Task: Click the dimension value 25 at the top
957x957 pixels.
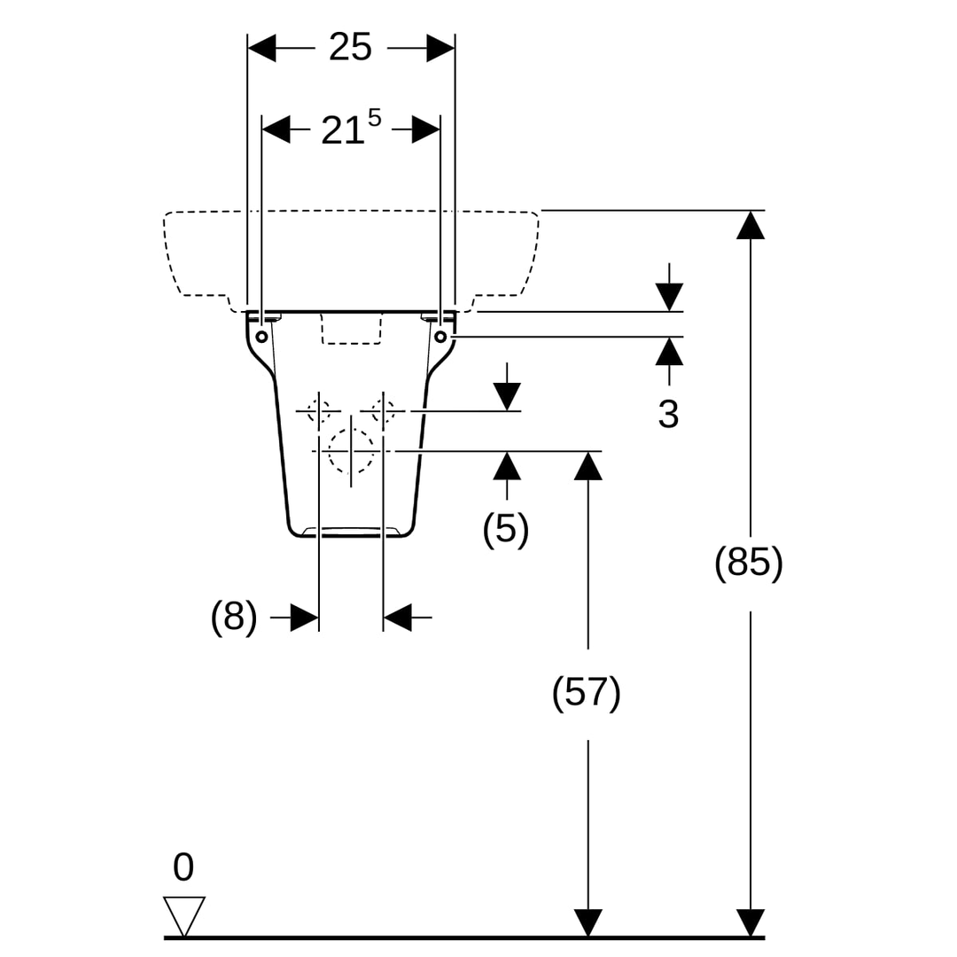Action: tap(350, 47)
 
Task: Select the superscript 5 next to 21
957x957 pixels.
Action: tap(374, 118)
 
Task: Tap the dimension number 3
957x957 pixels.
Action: tap(668, 415)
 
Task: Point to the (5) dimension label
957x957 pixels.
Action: tap(505, 528)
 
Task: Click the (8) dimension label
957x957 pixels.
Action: tap(234, 617)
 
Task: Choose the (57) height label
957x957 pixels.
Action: tap(586, 693)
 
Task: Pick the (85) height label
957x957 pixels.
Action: tap(748, 562)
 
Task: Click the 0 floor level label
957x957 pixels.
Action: tap(183, 867)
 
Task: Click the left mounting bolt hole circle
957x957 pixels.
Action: tap(261, 337)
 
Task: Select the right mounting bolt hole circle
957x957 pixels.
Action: tap(440, 337)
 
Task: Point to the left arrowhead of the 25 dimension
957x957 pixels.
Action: tap(261, 48)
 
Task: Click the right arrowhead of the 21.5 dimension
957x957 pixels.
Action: tap(426, 129)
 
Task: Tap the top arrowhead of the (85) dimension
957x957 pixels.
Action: tap(751, 224)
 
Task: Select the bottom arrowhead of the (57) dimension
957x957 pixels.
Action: tap(587, 922)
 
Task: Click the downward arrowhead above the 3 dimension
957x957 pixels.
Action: tap(669, 297)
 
